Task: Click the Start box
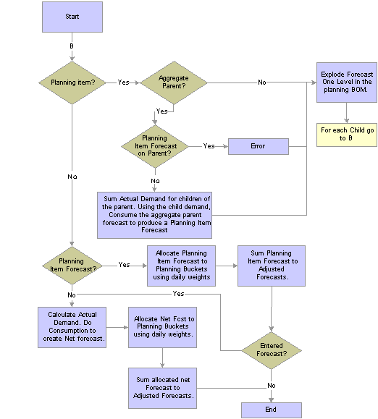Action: [x=71, y=17]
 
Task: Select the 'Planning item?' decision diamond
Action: [x=71, y=82]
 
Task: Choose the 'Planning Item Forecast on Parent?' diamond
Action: [x=155, y=146]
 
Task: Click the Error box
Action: [x=258, y=146]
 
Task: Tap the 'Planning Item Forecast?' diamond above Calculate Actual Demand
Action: [x=71, y=266]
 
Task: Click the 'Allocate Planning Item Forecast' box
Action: [x=181, y=266]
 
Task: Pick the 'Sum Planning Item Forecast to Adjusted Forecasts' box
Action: [x=269, y=266]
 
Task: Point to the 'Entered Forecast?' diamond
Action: [x=271, y=350]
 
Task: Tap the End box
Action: [x=271, y=410]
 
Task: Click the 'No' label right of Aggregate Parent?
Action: [x=261, y=82]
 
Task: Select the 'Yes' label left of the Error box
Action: [x=209, y=146]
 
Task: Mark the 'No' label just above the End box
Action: [x=271, y=386]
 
